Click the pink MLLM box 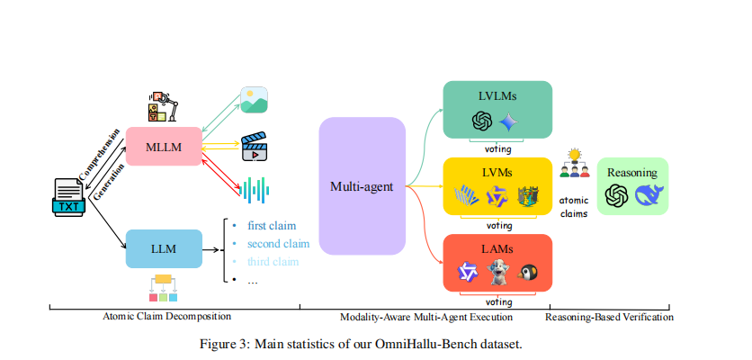pyautogui.click(x=163, y=146)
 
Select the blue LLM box pyautogui.click(x=164, y=247)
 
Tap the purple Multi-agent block pyautogui.click(x=362, y=186)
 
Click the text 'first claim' pyautogui.click(x=271, y=225)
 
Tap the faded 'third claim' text pyautogui.click(x=273, y=262)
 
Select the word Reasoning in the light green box pyautogui.click(x=632, y=172)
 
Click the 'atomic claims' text pyautogui.click(x=574, y=208)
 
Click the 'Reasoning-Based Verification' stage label pyautogui.click(x=611, y=317)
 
